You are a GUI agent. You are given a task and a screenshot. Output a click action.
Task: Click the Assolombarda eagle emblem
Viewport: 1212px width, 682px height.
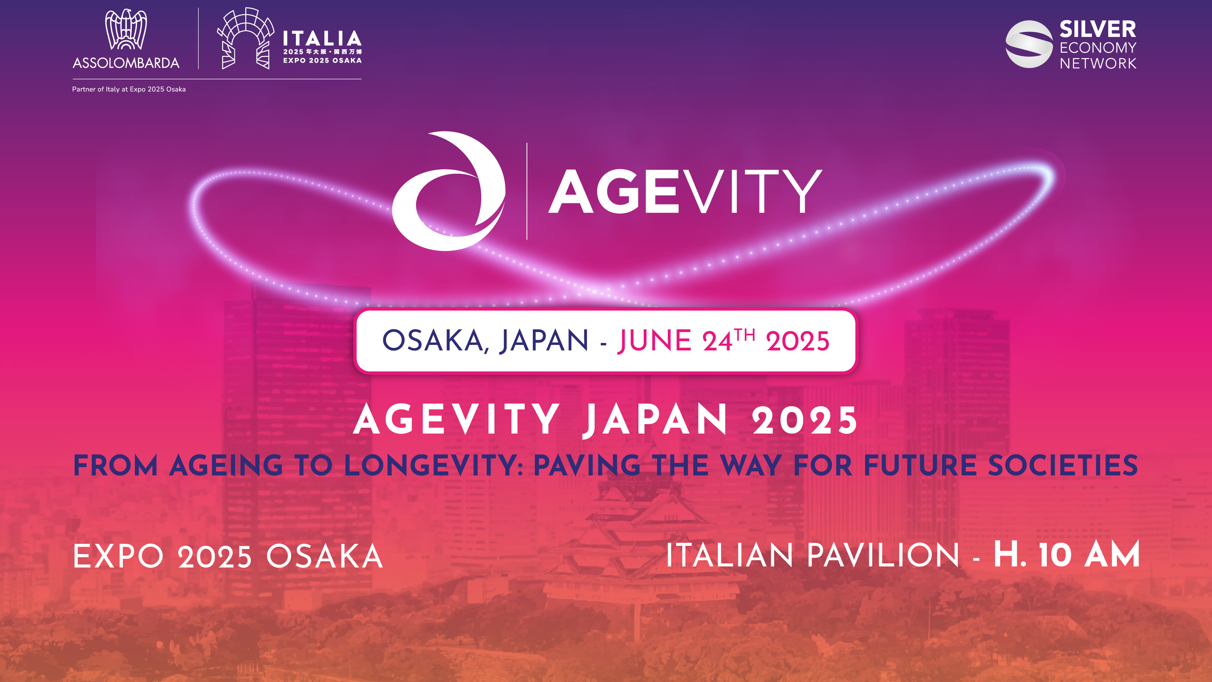point(126,29)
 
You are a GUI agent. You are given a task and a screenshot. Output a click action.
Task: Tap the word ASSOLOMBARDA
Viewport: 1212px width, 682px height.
point(126,63)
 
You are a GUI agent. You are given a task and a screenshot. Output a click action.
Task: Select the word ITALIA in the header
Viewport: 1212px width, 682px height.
point(322,38)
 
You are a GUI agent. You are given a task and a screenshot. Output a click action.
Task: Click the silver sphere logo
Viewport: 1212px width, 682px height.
point(1029,44)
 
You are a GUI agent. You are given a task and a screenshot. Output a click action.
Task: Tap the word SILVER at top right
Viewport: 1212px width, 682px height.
point(1097,29)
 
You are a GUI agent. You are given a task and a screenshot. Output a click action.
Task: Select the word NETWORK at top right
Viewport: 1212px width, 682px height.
point(1098,63)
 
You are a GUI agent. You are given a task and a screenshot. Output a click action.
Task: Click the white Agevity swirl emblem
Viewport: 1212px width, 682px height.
point(449,191)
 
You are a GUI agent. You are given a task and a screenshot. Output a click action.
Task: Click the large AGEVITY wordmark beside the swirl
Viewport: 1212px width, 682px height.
point(685,192)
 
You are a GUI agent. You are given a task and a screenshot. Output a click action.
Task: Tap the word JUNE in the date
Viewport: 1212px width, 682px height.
point(654,341)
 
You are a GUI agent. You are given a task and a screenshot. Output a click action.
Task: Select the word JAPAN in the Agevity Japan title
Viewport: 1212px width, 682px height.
point(655,420)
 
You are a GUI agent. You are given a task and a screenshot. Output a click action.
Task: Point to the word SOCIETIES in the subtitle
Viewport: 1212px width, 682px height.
point(1062,465)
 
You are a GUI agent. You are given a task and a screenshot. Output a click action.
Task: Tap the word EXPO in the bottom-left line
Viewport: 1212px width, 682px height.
point(118,556)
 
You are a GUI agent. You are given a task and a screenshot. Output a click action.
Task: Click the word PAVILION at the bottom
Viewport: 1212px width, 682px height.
point(883,555)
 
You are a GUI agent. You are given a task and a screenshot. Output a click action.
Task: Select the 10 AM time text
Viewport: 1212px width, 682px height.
point(1089,555)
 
